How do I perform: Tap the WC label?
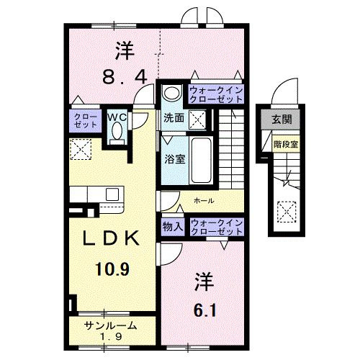tap(117, 115)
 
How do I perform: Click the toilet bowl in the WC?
tap(117, 132)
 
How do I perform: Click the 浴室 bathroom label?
tap(174, 159)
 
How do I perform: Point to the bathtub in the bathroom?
tap(199, 154)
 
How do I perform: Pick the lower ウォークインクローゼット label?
tap(212, 227)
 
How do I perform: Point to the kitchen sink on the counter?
tap(112, 194)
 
